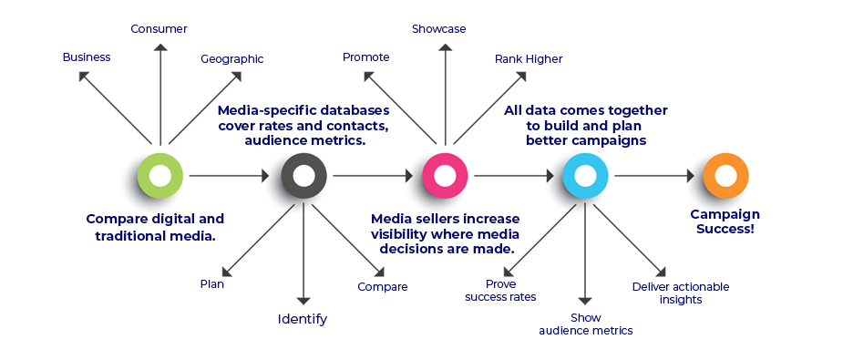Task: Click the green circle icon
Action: tap(160, 176)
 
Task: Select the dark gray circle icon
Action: tap(303, 176)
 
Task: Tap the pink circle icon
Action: tap(445, 176)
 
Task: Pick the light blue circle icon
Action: tap(585, 176)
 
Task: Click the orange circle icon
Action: tap(725, 176)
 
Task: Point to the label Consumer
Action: tap(159, 29)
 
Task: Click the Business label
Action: tap(86, 57)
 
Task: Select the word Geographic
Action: tap(231, 59)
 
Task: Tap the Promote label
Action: tap(365, 57)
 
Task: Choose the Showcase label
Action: tap(438, 29)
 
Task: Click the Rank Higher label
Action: tap(529, 59)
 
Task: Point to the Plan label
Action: tap(211, 284)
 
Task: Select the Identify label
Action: tap(302, 320)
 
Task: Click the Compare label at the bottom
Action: tap(382, 287)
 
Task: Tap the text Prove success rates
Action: tap(500, 291)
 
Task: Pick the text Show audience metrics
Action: tap(585, 324)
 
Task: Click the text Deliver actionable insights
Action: tap(680, 293)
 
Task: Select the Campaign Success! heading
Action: tap(725, 221)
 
